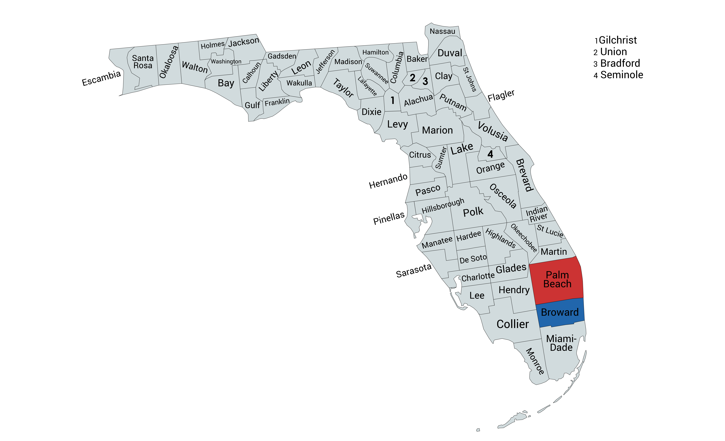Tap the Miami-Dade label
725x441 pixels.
561,343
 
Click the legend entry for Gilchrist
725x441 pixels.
617,40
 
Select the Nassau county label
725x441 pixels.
442,31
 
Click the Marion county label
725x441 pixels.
437,130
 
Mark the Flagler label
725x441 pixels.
501,96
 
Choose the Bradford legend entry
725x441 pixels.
620,63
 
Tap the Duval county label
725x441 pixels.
450,53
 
